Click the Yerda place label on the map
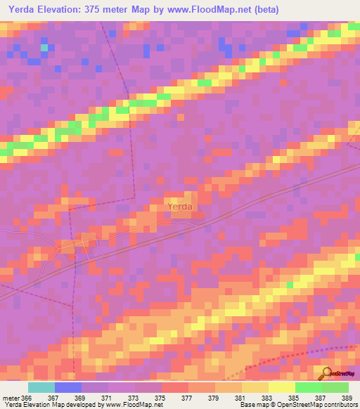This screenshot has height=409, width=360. tap(179, 207)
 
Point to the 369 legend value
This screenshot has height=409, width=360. tap(81, 397)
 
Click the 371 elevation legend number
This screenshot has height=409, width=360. tap(108, 397)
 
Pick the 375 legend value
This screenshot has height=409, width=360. tap(161, 397)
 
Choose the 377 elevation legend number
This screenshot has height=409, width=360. tap(188, 397)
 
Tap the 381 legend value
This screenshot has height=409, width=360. tap(241, 397)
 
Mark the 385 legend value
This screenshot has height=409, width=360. tap(295, 397)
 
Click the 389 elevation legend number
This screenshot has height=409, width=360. tap(348, 397)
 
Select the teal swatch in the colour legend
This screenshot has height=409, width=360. tap(41, 387)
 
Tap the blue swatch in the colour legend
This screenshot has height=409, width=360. tap(68, 387)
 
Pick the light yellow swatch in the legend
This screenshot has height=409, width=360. tap(282, 387)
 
